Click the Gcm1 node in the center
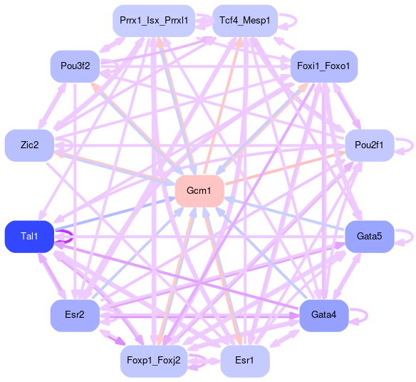click(x=199, y=191)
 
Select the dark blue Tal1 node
click(x=29, y=237)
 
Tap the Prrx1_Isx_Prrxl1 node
click(x=154, y=21)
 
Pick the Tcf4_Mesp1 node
click(x=245, y=21)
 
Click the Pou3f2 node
click(x=75, y=66)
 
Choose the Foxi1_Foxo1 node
click(x=323, y=66)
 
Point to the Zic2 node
click(x=29, y=145)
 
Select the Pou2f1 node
click(x=369, y=145)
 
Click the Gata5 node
click(x=369, y=237)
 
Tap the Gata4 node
click(x=323, y=316)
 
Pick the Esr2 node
click(x=75, y=316)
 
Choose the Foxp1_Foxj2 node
click(x=154, y=361)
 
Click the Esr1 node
click(x=245, y=361)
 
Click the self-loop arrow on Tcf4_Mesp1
click(x=296, y=21)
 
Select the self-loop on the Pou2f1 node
click(x=412, y=145)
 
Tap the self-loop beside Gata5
click(x=412, y=237)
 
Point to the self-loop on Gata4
click(x=367, y=316)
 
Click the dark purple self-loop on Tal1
click(x=72, y=237)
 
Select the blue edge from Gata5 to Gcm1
click(x=284, y=213)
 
